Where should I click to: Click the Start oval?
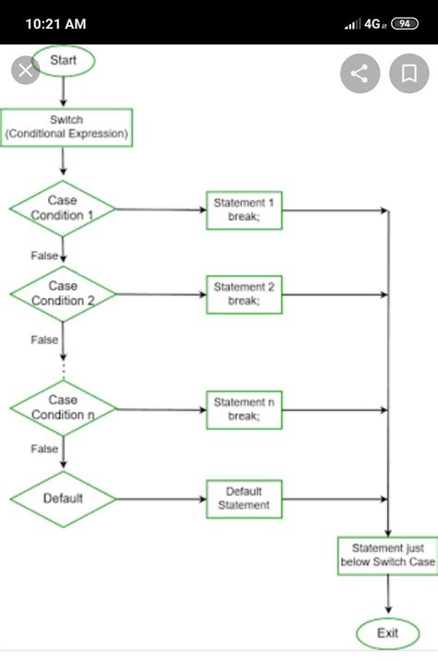(64, 61)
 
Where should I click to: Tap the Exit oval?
(387, 633)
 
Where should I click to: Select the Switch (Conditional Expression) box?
(67, 127)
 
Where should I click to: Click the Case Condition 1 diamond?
(63, 209)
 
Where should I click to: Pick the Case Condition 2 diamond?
(63, 294)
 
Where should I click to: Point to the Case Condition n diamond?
(63, 407)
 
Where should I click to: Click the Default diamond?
(63, 498)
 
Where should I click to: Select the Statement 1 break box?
(244, 210)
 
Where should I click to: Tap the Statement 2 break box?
(244, 294)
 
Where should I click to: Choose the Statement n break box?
(244, 409)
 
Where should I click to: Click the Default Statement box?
(244, 498)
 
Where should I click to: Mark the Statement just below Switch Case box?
(387, 556)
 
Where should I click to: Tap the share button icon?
(360, 74)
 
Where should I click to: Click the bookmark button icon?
(408, 74)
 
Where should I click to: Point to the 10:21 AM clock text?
(56, 23)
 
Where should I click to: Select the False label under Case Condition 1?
(44, 255)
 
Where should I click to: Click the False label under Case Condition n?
(44, 449)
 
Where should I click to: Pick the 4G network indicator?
(373, 23)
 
